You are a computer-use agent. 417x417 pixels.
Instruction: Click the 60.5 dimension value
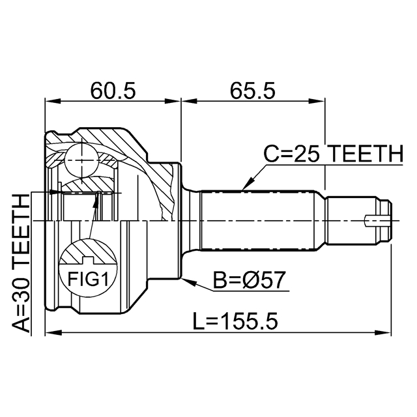(113, 90)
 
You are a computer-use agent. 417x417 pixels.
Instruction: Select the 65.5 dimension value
(252, 90)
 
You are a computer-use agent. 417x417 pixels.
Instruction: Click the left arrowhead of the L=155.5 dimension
(50, 333)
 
